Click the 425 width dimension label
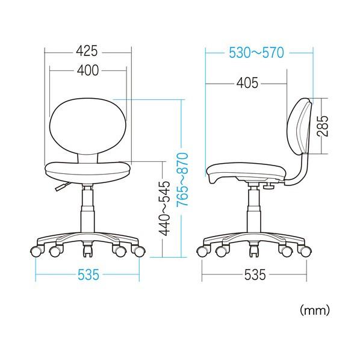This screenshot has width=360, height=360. click(x=87, y=51)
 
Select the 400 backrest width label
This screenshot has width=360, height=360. click(x=88, y=70)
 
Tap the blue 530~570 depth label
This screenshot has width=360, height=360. click(x=256, y=52)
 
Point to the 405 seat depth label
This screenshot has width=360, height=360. click(x=247, y=83)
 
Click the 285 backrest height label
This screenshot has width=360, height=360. click(x=323, y=126)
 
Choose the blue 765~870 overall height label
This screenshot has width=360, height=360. click(x=182, y=179)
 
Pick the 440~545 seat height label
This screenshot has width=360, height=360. click(x=164, y=208)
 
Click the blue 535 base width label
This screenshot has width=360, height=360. click(x=88, y=275)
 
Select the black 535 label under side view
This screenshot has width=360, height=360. click(x=255, y=275)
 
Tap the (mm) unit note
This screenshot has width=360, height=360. click(x=315, y=311)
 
